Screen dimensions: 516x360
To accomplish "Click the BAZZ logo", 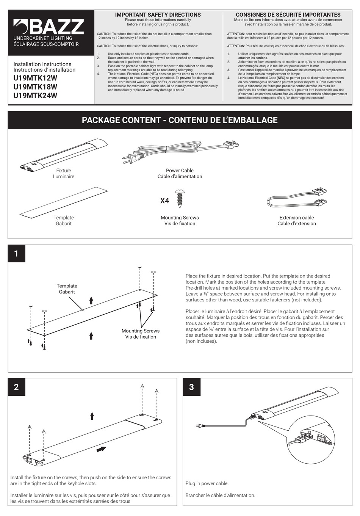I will point(49,27).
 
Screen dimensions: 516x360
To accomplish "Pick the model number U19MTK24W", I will point(35,96).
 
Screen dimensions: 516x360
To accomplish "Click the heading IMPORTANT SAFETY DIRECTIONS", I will point(158,15).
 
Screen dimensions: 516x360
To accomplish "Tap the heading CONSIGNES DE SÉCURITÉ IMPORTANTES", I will point(288,15).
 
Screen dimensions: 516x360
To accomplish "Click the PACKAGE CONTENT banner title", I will point(180,120).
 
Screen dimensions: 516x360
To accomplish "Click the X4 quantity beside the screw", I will point(164,201).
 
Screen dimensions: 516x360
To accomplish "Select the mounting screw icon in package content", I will point(180,199).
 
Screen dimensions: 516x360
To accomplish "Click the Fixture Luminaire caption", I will point(64,174).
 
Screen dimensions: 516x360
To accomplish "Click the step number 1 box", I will point(16,254).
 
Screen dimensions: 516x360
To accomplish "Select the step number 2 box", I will point(16,387).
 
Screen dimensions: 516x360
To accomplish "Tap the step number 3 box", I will point(191,387).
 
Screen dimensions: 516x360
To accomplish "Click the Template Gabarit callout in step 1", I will point(67,289).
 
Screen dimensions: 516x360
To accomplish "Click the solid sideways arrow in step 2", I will point(101,449).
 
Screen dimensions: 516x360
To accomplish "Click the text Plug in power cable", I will point(207,483).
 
